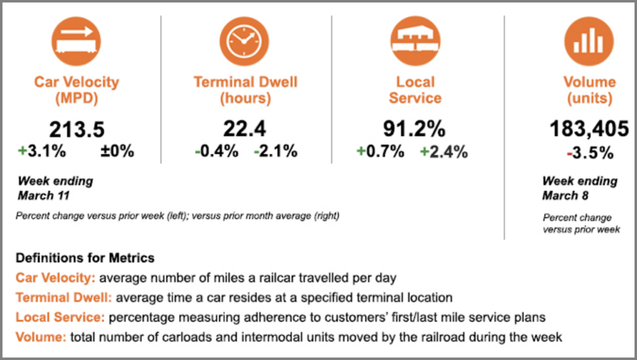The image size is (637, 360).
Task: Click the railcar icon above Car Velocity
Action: point(76,42)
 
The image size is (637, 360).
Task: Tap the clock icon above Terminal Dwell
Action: point(245,42)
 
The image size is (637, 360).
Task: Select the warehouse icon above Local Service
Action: point(415,42)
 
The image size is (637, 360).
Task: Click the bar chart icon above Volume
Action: point(588,42)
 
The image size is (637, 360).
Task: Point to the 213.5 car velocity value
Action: point(77,130)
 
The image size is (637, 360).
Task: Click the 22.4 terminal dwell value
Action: point(245,129)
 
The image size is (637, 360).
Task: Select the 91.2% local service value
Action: point(416,129)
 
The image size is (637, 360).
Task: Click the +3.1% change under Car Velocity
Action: point(42,151)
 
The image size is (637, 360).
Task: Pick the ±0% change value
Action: point(117,151)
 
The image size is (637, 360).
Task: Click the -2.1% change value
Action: point(275,151)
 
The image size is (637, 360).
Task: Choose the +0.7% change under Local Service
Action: point(380,151)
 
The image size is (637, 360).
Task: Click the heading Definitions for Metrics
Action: point(85,257)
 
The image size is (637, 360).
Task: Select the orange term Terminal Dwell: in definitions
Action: point(63,297)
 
